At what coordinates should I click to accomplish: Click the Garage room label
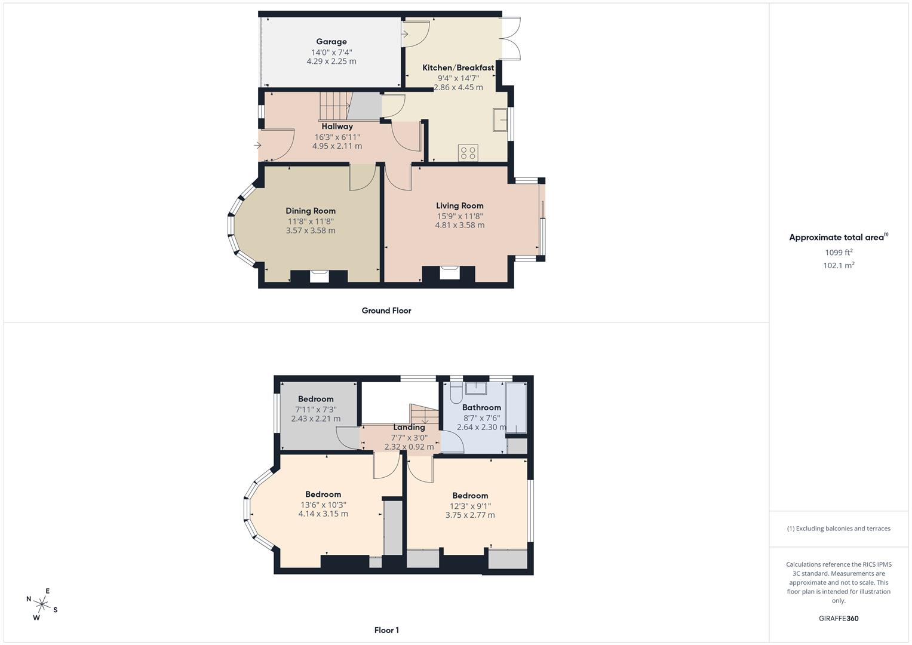[331, 42]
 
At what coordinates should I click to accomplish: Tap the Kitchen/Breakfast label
[458, 67]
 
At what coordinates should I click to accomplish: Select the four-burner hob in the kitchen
[468, 153]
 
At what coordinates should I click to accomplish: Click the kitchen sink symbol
[500, 119]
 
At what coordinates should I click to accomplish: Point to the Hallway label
[337, 127]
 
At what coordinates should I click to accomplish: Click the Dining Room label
[311, 211]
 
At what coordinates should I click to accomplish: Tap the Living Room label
[460, 206]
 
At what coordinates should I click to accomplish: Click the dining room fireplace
[319, 276]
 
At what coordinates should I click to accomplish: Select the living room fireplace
[450, 273]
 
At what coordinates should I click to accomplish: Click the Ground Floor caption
[386, 311]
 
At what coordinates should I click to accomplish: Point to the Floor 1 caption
[386, 630]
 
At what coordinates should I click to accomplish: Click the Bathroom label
[481, 407]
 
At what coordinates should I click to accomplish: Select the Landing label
[409, 428]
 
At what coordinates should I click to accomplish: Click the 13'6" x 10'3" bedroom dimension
[323, 505]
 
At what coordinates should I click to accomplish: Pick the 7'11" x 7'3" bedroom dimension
[316, 410]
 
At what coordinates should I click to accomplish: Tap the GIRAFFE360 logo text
[839, 619]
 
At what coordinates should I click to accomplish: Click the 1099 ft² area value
[839, 253]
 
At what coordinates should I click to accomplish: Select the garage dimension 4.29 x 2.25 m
[331, 62]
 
